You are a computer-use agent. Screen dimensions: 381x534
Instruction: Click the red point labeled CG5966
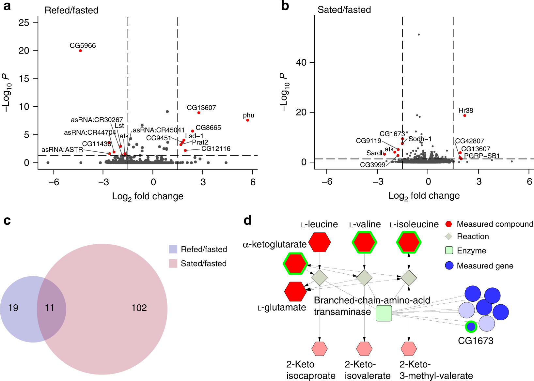pyautogui.click(x=80, y=51)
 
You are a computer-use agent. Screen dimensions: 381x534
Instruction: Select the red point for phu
pyautogui.click(x=248, y=120)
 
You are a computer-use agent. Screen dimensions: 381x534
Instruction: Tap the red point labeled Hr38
pyautogui.click(x=464, y=115)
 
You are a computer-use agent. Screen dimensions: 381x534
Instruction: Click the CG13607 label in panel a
pyautogui.click(x=201, y=108)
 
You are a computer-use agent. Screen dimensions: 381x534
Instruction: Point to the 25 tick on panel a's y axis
pyautogui.click(x=24, y=23)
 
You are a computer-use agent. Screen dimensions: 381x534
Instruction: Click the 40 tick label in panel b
pyautogui.click(x=301, y=63)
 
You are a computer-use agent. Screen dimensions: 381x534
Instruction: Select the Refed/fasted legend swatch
pyautogui.click(x=173, y=249)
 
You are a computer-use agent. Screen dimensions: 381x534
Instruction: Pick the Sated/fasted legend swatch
pyautogui.click(x=173, y=264)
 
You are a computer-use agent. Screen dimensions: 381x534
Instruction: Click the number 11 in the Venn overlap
pyautogui.click(x=49, y=308)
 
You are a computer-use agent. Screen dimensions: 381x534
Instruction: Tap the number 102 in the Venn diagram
pyautogui.click(x=139, y=308)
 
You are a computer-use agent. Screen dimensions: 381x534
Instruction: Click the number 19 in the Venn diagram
pyautogui.click(x=13, y=308)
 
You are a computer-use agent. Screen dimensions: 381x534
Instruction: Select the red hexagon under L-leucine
pyautogui.click(x=320, y=242)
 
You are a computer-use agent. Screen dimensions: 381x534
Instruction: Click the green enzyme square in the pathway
pyautogui.click(x=384, y=313)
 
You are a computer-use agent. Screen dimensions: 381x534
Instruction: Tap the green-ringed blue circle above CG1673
pyautogui.click(x=471, y=326)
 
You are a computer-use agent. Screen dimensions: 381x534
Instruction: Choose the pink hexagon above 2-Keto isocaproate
pyautogui.click(x=320, y=349)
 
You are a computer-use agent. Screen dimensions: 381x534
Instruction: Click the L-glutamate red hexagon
pyautogui.click(x=295, y=291)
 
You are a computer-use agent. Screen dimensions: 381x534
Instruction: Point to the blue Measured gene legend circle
pyautogui.click(x=449, y=266)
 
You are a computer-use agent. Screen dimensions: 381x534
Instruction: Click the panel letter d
pyautogui.click(x=248, y=221)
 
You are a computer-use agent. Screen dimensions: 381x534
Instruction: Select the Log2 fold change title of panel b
pyautogui.click(x=424, y=196)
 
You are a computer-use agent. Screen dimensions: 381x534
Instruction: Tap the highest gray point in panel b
pyautogui.click(x=419, y=35)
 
